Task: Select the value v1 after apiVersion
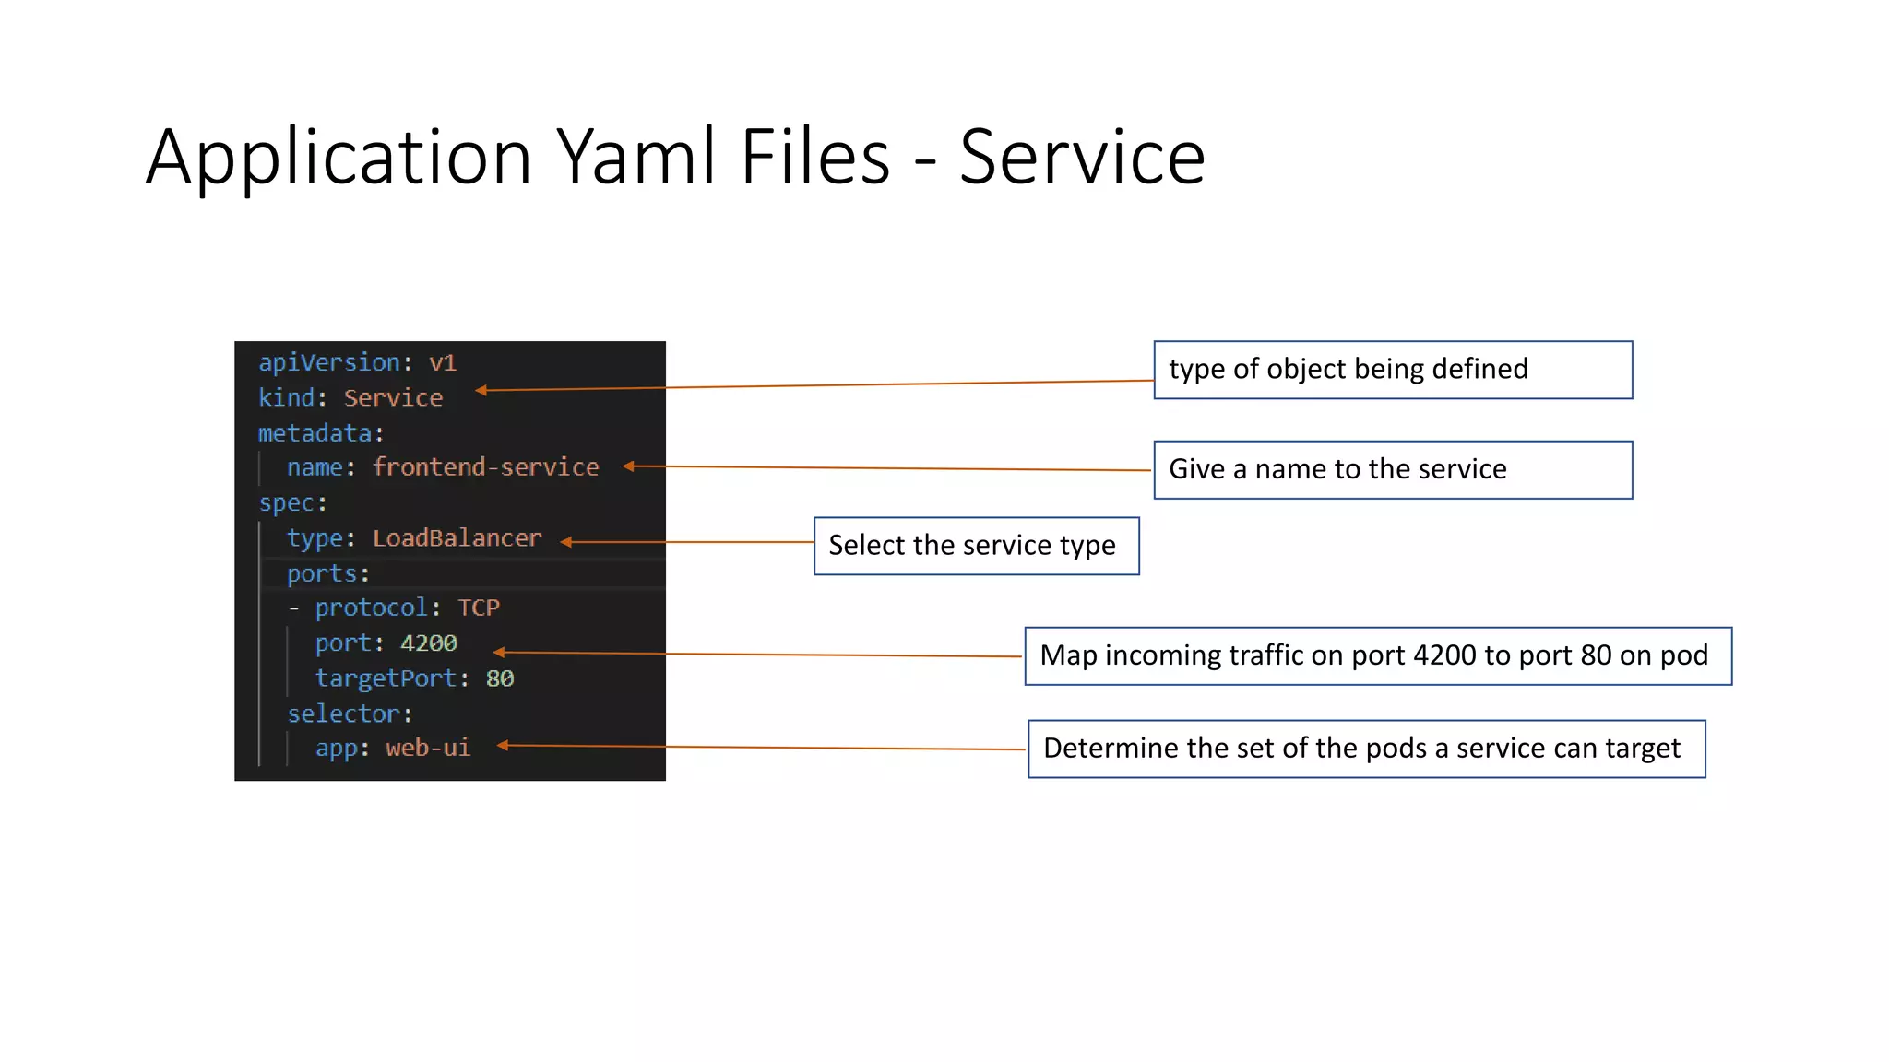point(442,362)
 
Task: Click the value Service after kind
point(393,397)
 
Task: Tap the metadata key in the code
point(315,432)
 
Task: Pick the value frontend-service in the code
point(485,467)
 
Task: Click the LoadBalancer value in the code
point(457,538)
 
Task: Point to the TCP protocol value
point(479,608)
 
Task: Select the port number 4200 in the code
point(428,643)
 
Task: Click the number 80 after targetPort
point(499,678)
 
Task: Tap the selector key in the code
point(343,714)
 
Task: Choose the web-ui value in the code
point(428,748)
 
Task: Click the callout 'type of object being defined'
point(1392,370)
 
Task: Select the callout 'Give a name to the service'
point(1392,469)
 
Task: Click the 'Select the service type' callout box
point(976,546)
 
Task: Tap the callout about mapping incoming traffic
point(1377,655)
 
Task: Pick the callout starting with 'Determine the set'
point(1365,749)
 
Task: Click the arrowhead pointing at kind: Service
point(481,391)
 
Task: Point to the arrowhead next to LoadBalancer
point(566,542)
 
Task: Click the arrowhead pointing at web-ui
point(503,745)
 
